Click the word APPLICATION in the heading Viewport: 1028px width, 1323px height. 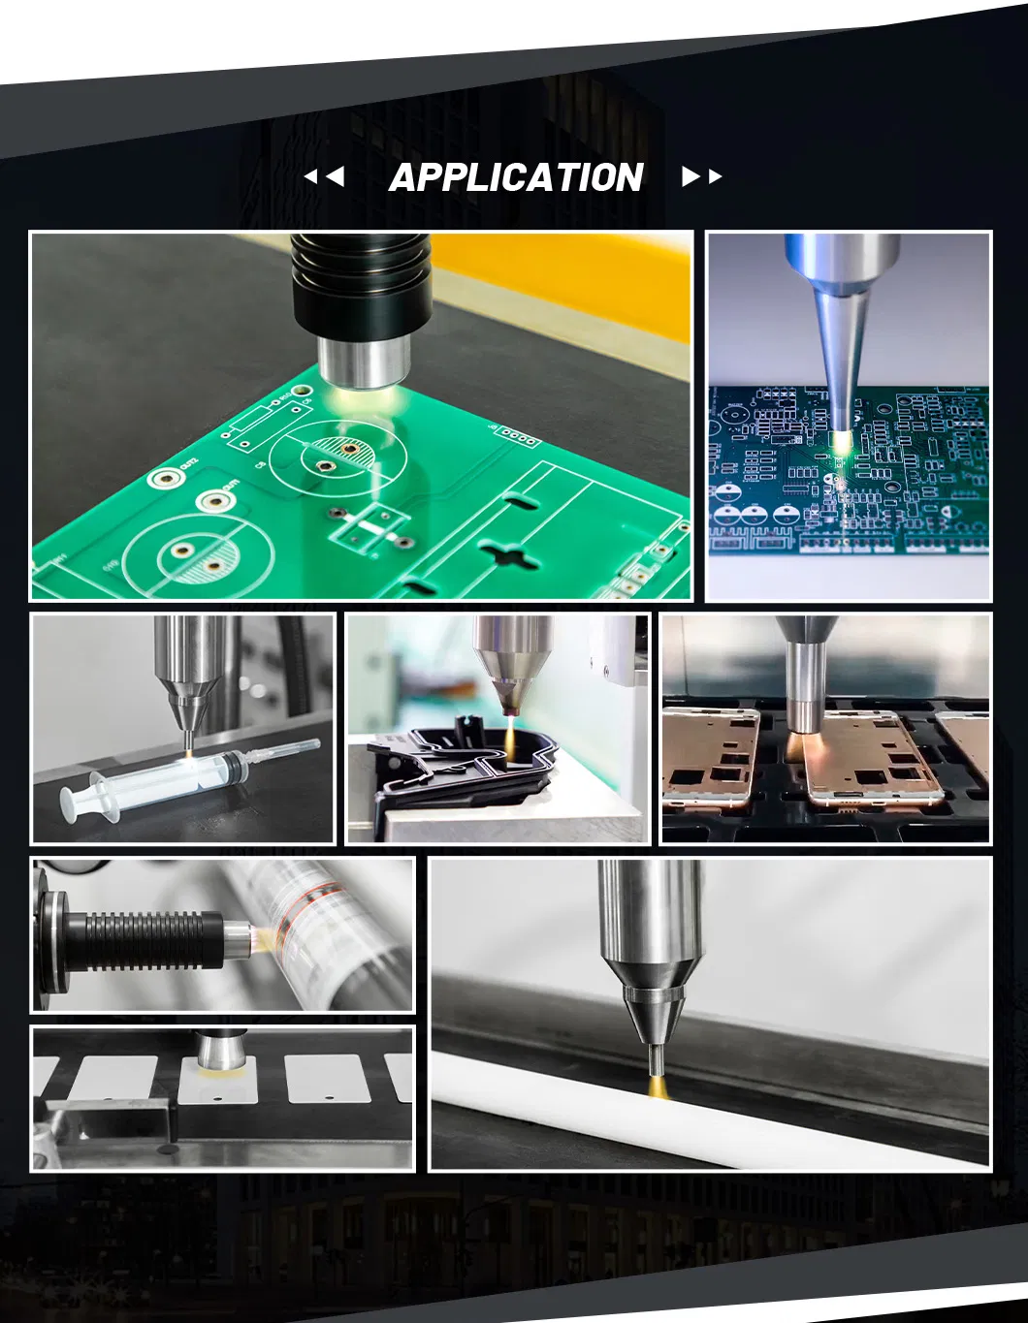coord(516,177)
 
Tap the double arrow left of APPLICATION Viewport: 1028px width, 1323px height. coord(325,176)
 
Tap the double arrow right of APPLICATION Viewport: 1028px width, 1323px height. coord(701,176)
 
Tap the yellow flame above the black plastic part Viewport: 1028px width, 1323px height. coord(509,735)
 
